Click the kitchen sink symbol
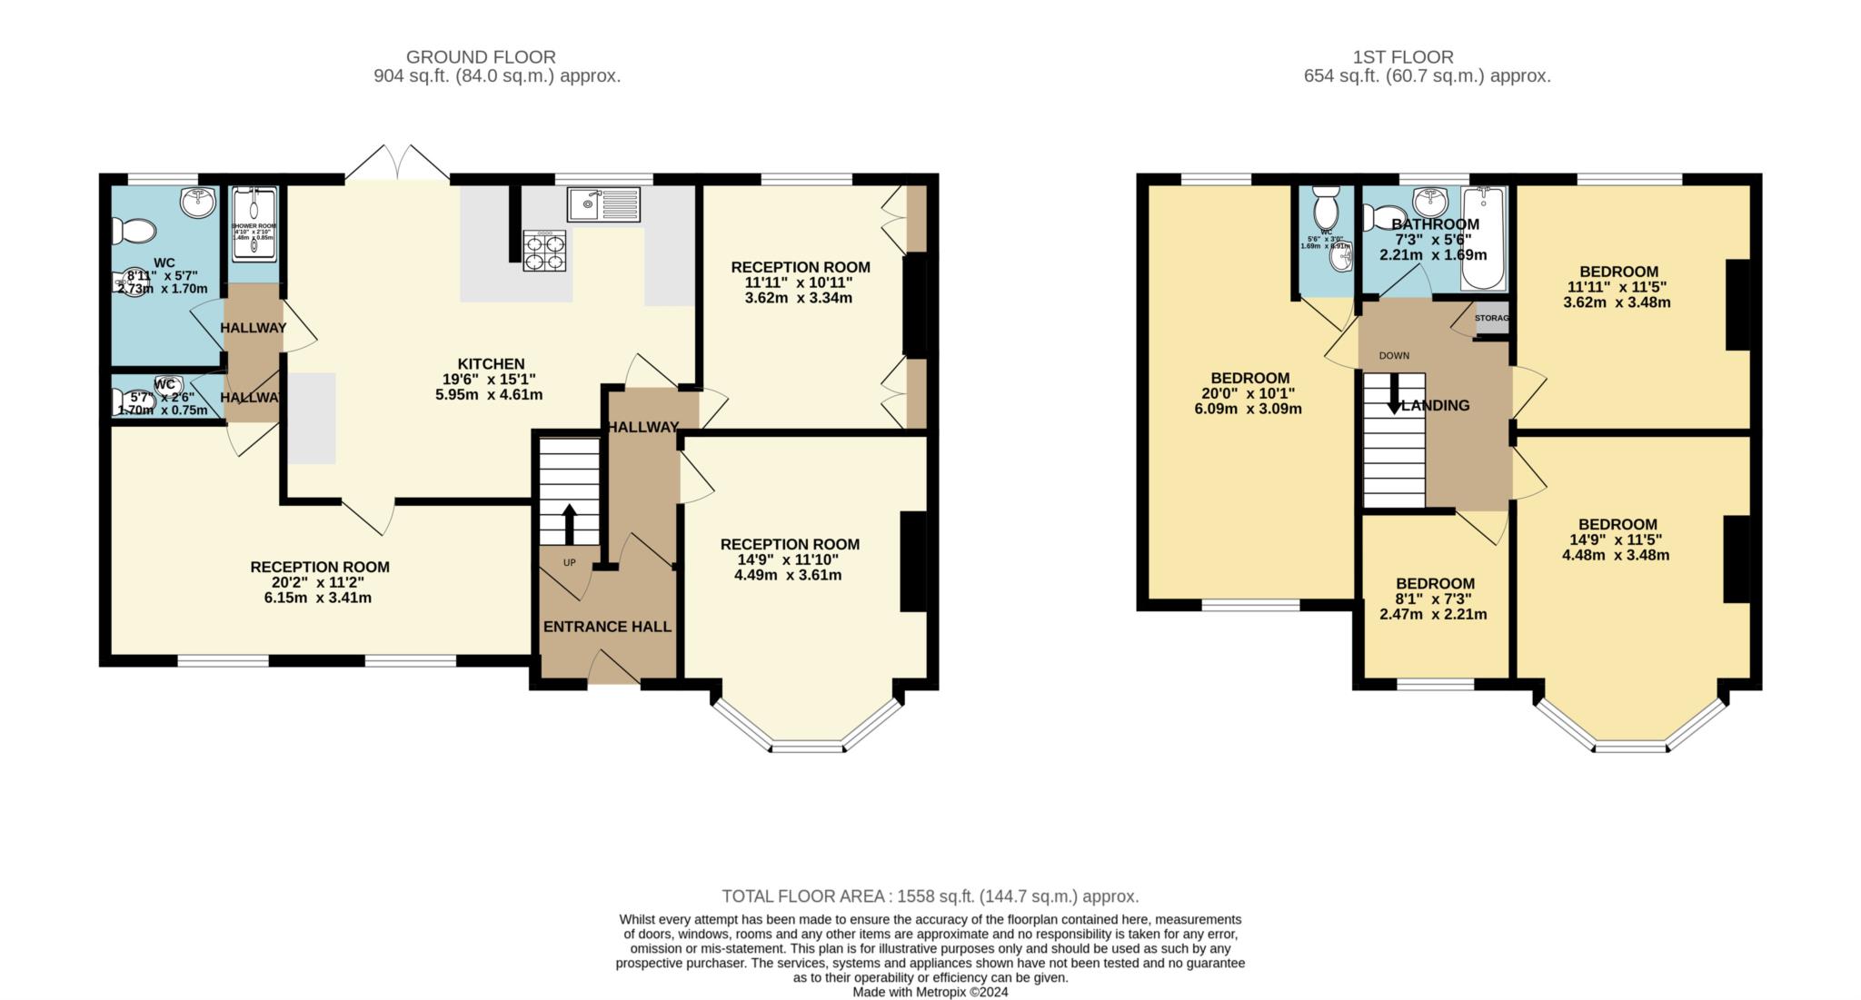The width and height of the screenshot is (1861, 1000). (x=603, y=204)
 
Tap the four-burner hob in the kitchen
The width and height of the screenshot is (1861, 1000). (x=543, y=251)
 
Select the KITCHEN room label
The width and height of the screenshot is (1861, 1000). (x=491, y=364)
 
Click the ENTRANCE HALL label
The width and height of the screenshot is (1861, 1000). (x=607, y=627)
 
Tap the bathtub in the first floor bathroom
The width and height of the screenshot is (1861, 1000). (x=1484, y=238)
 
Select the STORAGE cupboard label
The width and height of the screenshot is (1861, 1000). (x=1491, y=319)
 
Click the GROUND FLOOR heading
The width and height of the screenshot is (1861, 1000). (x=481, y=57)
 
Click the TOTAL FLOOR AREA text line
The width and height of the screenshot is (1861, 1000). (x=930, y=896)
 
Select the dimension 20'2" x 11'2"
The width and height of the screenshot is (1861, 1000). (x=320, y=582)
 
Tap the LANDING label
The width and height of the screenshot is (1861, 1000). (x=1435, y=406)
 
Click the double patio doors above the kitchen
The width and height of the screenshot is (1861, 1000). (x=398, y=164)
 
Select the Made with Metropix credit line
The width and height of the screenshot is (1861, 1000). (x=930, y=993)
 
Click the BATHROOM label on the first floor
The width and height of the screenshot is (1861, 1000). (x=1435, y=224)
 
